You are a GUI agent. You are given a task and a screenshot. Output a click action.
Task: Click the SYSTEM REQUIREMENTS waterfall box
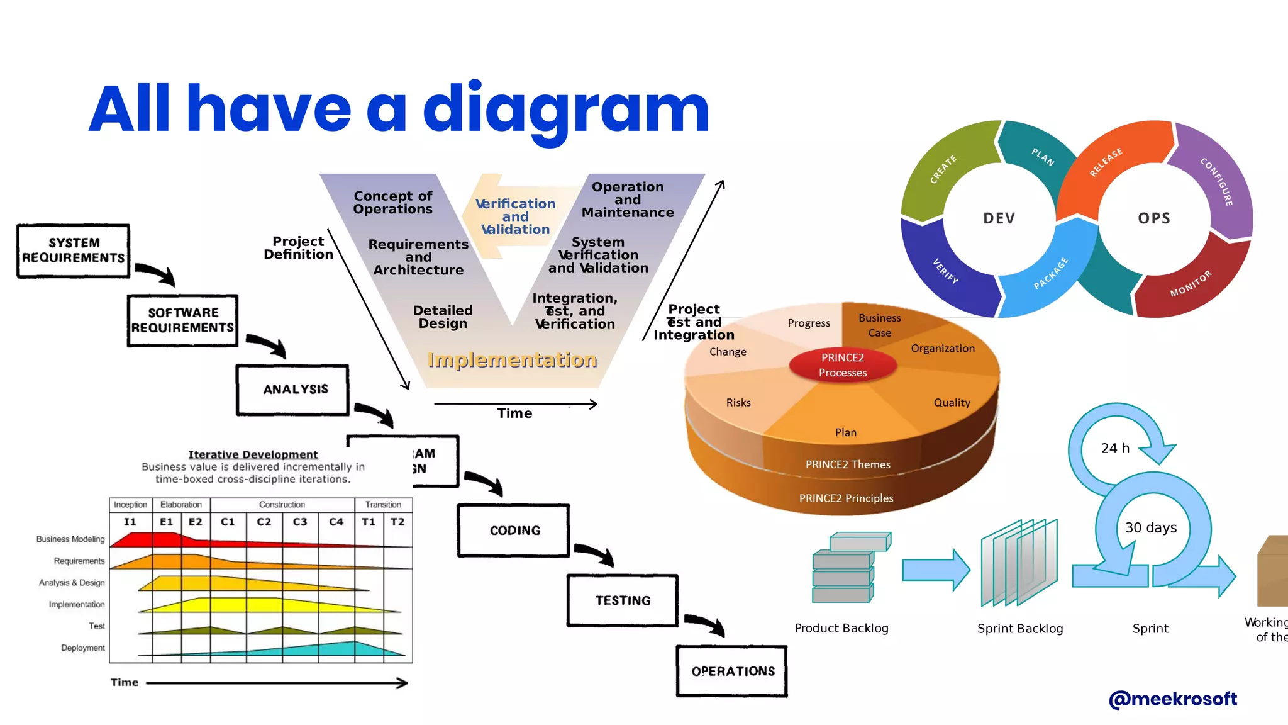[x=73, y=250]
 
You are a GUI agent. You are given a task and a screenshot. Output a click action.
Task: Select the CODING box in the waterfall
[x=514, y=531]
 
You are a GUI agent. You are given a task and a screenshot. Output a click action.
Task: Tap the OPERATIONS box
[x=732, y=672]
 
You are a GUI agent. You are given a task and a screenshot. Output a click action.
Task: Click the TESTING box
[x=623, y=600]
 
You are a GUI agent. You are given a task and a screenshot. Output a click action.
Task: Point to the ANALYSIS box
[x=294, y=390]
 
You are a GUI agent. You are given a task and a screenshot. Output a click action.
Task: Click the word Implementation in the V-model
[x=511, y=360]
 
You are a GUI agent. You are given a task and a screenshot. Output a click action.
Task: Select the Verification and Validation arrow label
[x=515, y=216]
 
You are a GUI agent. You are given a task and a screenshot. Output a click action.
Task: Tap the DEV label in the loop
[x=999, y=218]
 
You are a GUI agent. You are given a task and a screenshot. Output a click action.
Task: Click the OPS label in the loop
[x=1154, y=218]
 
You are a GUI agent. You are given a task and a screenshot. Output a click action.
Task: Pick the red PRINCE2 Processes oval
[x=843, y=365]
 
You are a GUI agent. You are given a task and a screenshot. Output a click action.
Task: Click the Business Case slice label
[x=879, y=325]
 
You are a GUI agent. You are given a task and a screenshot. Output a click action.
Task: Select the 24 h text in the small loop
[x=1114, y=448]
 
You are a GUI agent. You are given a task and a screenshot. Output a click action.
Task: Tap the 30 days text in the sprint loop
[x=1150, y=527]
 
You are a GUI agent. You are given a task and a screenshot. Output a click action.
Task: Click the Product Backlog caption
[x=841, y=628]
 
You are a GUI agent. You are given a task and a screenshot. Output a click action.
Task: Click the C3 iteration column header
[x=300, y=522]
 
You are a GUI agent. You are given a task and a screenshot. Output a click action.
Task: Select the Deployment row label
[x=82, y=648]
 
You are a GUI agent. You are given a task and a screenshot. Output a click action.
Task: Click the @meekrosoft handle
[x=1172, y=699]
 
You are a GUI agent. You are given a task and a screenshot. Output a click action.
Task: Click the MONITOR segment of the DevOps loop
[x=1190, y=284]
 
